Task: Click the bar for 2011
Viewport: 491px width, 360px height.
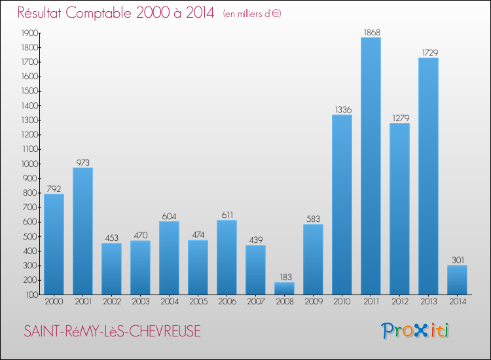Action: tap(371, 166)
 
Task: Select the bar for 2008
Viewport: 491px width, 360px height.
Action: tap(284, 289)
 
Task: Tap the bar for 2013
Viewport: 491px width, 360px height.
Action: tap(428, 176)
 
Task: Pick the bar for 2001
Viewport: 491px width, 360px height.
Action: tap(82, 231)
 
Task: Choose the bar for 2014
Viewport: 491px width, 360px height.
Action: tap(457, 279)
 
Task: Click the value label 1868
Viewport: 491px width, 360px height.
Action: tap(371, 32)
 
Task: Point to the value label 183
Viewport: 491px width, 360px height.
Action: tap(284, 277)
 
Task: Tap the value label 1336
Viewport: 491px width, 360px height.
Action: tap(342, 109)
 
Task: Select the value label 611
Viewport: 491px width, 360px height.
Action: tap(227, 215)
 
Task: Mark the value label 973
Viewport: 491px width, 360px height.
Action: tap(82, 162)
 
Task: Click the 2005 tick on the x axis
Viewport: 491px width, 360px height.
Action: tap(198, 302)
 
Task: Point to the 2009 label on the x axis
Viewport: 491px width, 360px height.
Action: tap(313, 302)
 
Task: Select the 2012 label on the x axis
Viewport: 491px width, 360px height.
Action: tap(399, 302)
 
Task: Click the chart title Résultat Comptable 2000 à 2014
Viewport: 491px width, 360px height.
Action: tap(116, 13)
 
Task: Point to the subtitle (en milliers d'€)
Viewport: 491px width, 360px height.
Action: tap(252, 14)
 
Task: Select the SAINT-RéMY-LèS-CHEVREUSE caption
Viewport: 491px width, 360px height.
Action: tap(112, 332)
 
